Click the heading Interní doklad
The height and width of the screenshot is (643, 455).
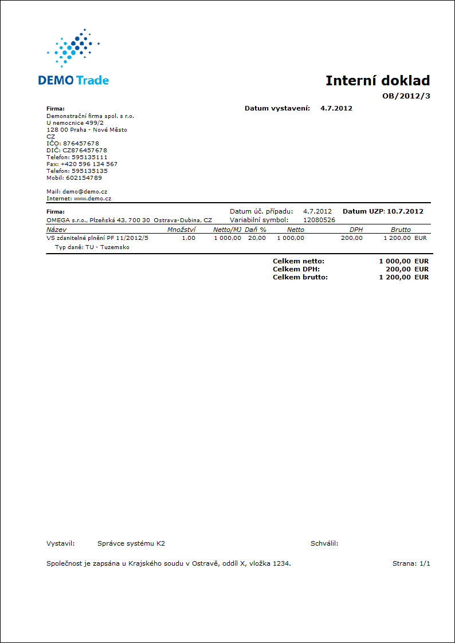[377, 81]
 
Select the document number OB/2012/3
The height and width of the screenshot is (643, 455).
[406, 96]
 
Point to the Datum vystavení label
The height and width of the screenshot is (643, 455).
[277, 108]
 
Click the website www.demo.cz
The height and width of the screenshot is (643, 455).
[92, 198]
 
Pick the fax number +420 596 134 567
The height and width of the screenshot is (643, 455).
[89, 164]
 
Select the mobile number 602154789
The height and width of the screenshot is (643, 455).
[84, 177]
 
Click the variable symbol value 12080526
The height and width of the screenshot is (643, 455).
[319, 219]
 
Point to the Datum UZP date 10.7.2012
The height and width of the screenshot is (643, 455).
[405, 211]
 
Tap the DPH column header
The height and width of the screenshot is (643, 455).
[356, 230]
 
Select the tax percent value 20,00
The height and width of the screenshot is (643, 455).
[257, 238]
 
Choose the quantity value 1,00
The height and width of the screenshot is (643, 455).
[189, 238]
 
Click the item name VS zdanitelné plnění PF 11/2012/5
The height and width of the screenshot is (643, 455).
[97, 238]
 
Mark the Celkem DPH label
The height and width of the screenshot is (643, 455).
[296, 269]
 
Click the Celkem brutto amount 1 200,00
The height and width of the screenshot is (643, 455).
[395, 277]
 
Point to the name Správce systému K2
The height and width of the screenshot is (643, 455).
[131, 543]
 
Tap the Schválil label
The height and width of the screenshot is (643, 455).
[324, 543]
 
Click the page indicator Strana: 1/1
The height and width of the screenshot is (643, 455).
[411, 563]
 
